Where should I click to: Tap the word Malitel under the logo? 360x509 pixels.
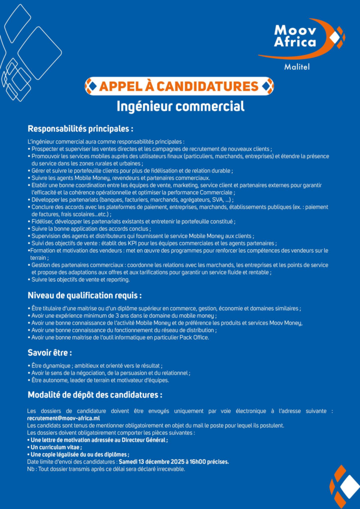pos(296,67)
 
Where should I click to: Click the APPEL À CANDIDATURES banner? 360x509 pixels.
pos(179,86)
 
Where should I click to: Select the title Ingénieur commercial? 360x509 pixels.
pos(180,106)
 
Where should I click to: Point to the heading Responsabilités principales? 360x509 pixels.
pos(80,129)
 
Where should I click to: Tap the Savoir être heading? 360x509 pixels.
pos(49,353)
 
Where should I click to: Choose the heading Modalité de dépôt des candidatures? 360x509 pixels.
pos(94,395)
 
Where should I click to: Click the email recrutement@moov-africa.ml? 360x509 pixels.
pos(63,419)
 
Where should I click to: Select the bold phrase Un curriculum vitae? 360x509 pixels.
pos(55,447)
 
